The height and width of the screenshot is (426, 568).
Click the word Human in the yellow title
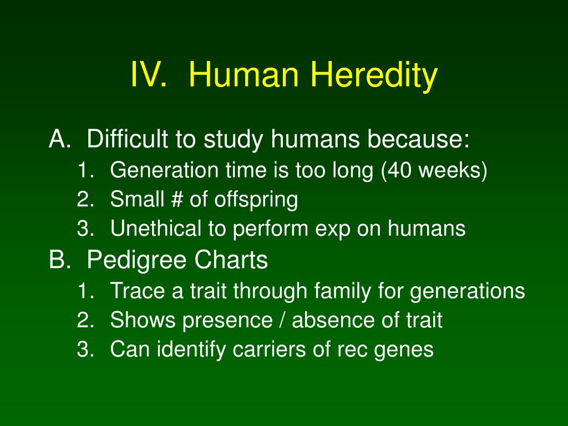(x=244, y=74)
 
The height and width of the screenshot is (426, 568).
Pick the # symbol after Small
(x=177, y=199)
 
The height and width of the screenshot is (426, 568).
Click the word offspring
(x=256, y=200)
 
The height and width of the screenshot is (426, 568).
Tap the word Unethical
(x=155, y=228)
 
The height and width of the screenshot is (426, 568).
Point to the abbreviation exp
(x=333, y=230)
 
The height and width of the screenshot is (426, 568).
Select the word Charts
(x=231, y=259)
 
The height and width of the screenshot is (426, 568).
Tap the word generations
(x=467, y=291)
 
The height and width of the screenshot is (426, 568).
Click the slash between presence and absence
(x=282, y=320)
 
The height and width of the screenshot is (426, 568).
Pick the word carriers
(x=264, y=349)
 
